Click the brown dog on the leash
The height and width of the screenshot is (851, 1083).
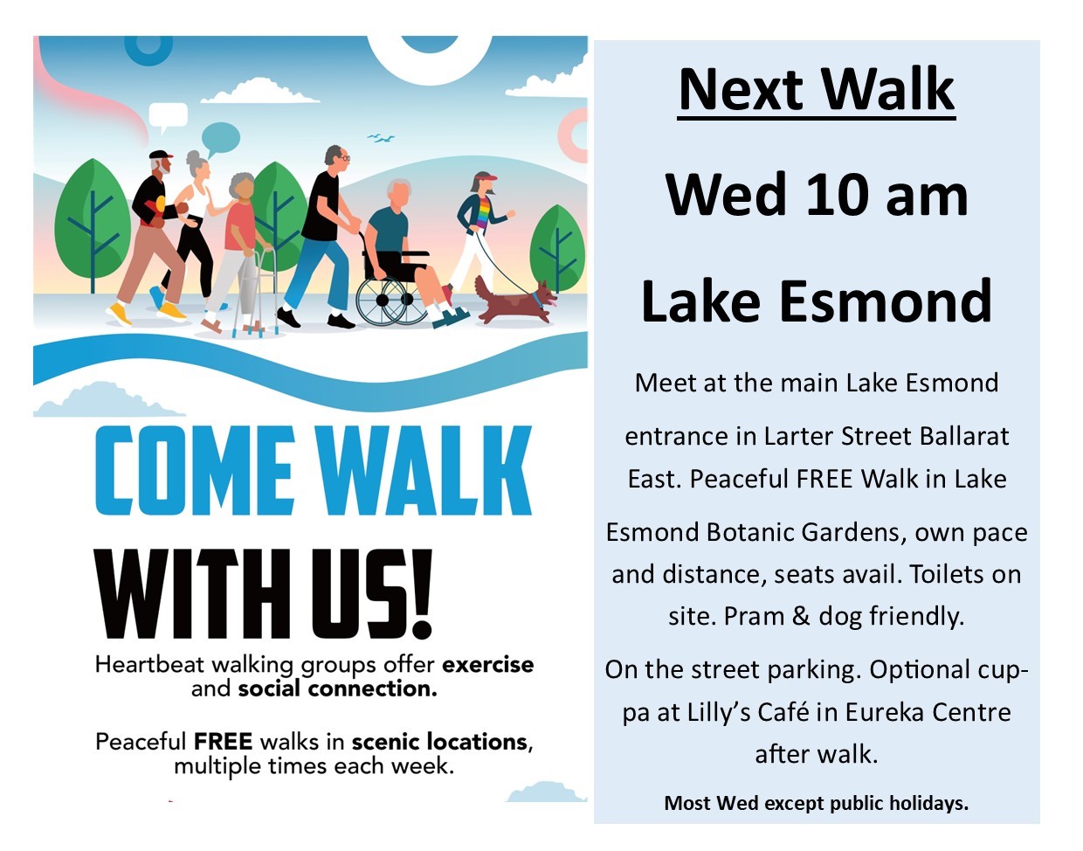pos(514,301)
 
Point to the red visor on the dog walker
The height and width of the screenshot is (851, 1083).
pos(486,176)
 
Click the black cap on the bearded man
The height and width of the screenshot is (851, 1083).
pos(161,155)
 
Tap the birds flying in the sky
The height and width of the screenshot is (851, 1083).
pos(382,137)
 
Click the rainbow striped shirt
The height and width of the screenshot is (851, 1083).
pos(483,213)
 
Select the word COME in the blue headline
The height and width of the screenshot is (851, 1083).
pos(193,470)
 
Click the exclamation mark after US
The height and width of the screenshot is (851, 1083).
pos(423,594)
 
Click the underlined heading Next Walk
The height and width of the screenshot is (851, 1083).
pos(817,90)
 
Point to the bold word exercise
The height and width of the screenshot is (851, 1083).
pos(487,665)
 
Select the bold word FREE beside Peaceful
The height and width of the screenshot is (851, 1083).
pos(224,741)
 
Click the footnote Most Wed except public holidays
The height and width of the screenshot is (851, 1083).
pos(817,803)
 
